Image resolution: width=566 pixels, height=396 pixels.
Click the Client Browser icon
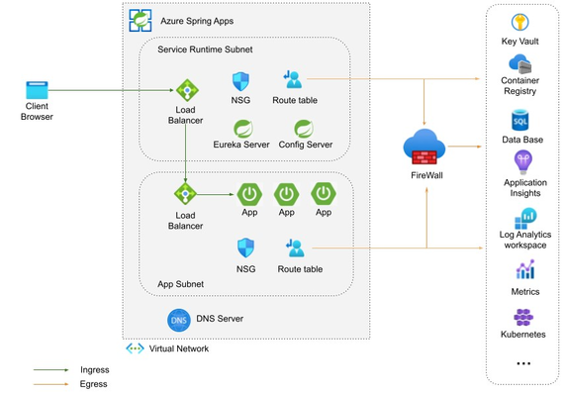37,90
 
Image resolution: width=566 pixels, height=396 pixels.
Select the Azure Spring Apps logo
141,21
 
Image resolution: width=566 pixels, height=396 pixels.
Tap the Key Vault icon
520,22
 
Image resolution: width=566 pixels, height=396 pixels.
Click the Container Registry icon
520,64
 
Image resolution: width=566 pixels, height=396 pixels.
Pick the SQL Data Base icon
520,121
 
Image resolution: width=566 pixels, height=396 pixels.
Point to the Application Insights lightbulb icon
523,162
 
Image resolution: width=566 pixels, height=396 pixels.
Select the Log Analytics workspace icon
525,219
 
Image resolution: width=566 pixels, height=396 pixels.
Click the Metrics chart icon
525,269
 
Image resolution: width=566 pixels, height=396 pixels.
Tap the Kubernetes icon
523,318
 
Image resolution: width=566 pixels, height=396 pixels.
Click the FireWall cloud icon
424,147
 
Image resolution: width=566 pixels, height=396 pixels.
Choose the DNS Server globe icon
179,320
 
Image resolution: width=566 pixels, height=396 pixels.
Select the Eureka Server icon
243,129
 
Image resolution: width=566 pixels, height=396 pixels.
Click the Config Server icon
304,129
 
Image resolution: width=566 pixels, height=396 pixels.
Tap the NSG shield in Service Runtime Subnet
240,81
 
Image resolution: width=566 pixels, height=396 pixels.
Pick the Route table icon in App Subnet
296,248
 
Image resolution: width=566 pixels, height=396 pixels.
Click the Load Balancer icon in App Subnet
185,194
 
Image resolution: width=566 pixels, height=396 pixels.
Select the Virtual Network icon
135,348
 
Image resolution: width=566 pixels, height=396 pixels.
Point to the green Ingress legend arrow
50,370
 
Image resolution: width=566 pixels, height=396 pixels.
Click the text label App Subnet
180,284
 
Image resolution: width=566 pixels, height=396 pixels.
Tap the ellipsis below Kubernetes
523,363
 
